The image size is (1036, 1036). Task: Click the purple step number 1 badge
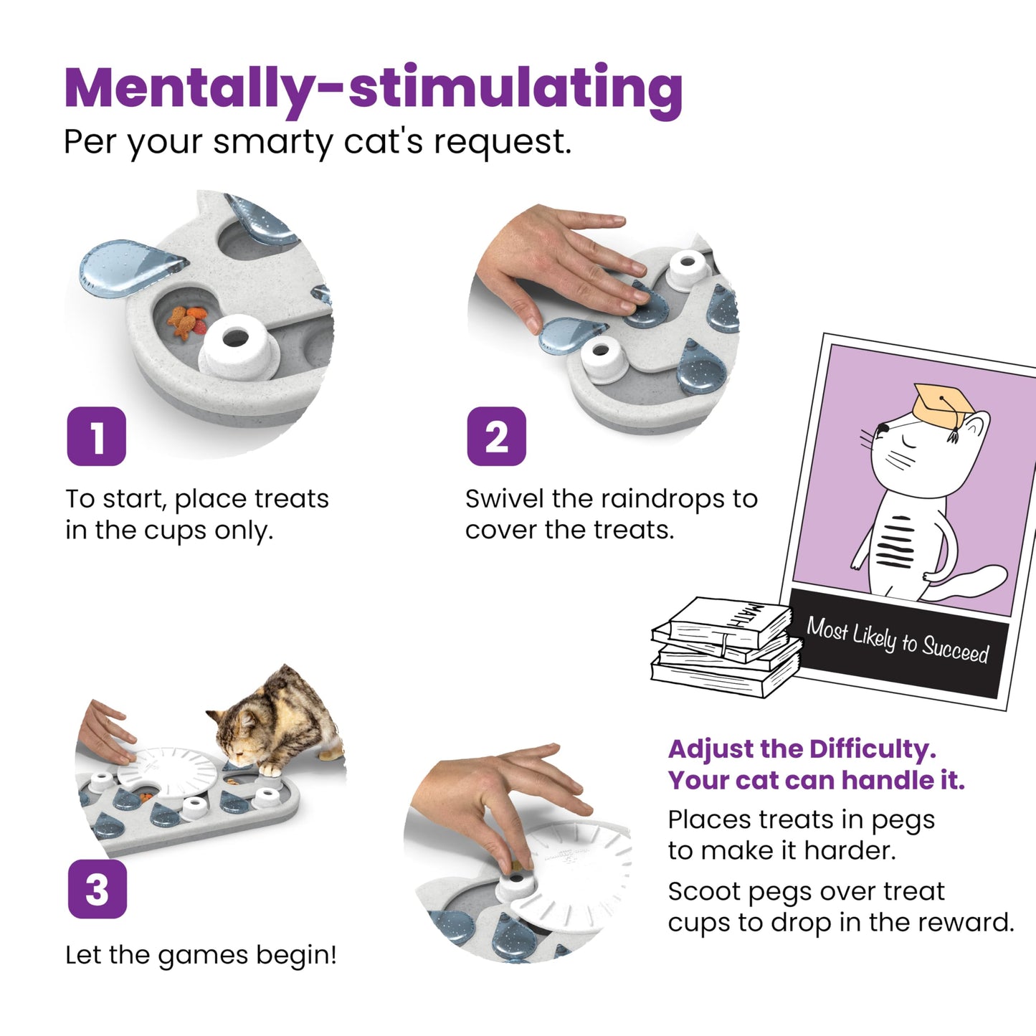[x=96, y=436]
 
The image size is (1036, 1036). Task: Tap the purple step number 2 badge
[x=496, y=436]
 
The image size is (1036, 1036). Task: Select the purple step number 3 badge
[x=97, y=890]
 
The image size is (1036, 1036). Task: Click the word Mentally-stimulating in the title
[x=373, y=87]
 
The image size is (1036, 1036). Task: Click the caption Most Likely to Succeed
[x=898, y=640]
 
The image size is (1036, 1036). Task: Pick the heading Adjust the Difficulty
[x=802, y=749]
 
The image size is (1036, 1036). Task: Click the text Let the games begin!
[x=201, y=955]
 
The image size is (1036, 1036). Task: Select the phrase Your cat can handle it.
[x=816, y=780]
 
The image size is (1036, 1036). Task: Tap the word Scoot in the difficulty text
[x=703, y=892]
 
